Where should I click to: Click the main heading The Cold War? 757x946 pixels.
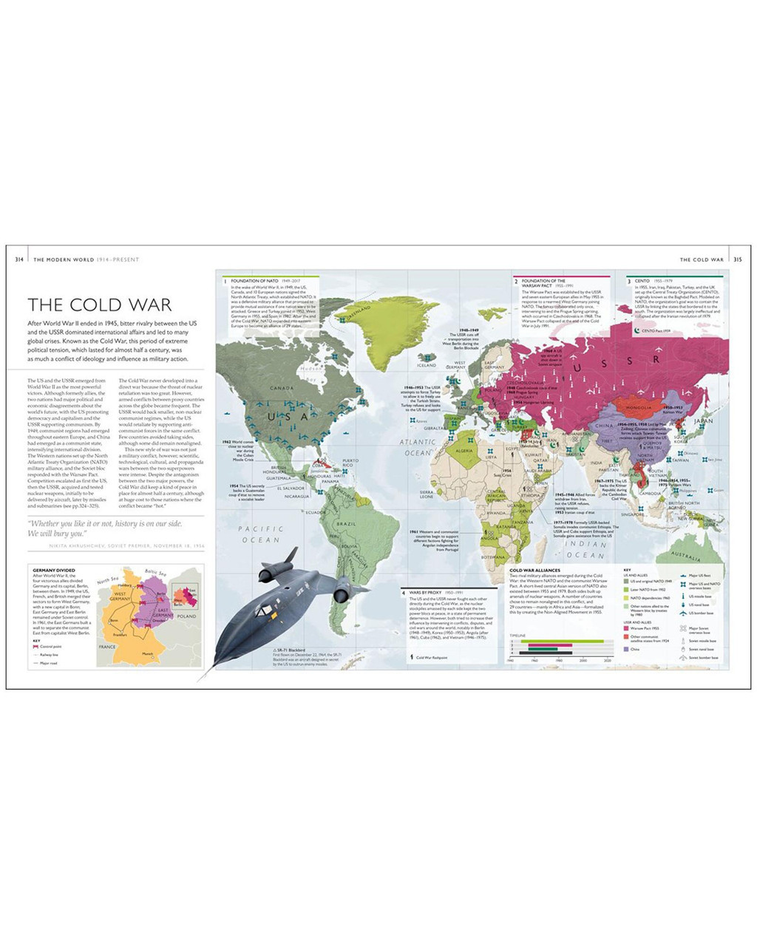point(99,304)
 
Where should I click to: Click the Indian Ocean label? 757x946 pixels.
point(585,549)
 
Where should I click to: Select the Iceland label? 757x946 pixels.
point(427,365)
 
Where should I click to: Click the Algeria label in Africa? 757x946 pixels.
point(464,451)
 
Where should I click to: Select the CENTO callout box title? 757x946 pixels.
point(642,282)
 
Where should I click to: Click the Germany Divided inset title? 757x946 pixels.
point(54,570)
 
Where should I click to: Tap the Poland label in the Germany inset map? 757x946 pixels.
point(187,616)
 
